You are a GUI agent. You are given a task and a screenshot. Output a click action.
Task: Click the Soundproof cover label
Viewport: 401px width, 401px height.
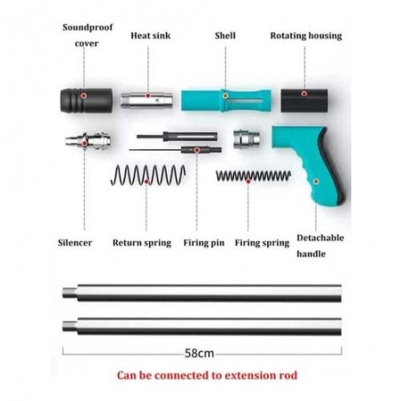[x=88, y=35]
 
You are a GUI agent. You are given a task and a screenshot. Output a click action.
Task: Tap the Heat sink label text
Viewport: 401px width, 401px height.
[x=151, y=35]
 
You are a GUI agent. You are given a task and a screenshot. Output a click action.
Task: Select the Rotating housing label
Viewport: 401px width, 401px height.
[x=306, y=35]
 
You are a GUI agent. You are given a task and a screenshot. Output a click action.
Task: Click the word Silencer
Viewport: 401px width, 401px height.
[x=75, y=243]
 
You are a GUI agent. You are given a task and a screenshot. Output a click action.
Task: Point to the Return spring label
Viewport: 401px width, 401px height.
[x=142, y=243]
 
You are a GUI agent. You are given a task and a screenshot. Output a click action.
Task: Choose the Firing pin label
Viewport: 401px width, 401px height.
[x=204, y=243]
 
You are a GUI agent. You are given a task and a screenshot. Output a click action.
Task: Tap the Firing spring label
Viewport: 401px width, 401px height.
[x=262, y=243]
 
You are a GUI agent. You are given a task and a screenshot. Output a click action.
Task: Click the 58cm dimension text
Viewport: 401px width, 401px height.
[x=200, y=353]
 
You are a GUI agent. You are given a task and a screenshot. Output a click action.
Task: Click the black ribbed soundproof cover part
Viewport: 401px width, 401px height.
[x=86, y=100]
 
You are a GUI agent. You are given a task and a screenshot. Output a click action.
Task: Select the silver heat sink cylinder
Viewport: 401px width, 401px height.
[x=146, y=100]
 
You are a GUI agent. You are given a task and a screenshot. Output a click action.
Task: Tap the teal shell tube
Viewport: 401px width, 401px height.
[x=226, y=100]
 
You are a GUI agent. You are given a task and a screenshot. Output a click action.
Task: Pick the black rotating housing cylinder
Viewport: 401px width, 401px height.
[x=304, y=100]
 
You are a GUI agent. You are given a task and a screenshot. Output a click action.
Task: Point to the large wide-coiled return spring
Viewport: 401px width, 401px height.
[x=148, y=175]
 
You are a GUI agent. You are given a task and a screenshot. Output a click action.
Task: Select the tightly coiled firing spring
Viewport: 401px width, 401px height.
[x=254, y=176]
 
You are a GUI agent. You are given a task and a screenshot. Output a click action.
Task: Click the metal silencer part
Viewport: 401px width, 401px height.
[x=89, y=141]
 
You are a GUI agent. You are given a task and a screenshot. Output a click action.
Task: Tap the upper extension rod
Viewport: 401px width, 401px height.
[x=202, y=293]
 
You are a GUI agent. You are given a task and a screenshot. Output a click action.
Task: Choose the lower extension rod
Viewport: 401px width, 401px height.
[x=202, y=326]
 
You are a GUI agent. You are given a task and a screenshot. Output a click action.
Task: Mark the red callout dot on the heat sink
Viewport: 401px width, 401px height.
[x=148, y=96]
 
